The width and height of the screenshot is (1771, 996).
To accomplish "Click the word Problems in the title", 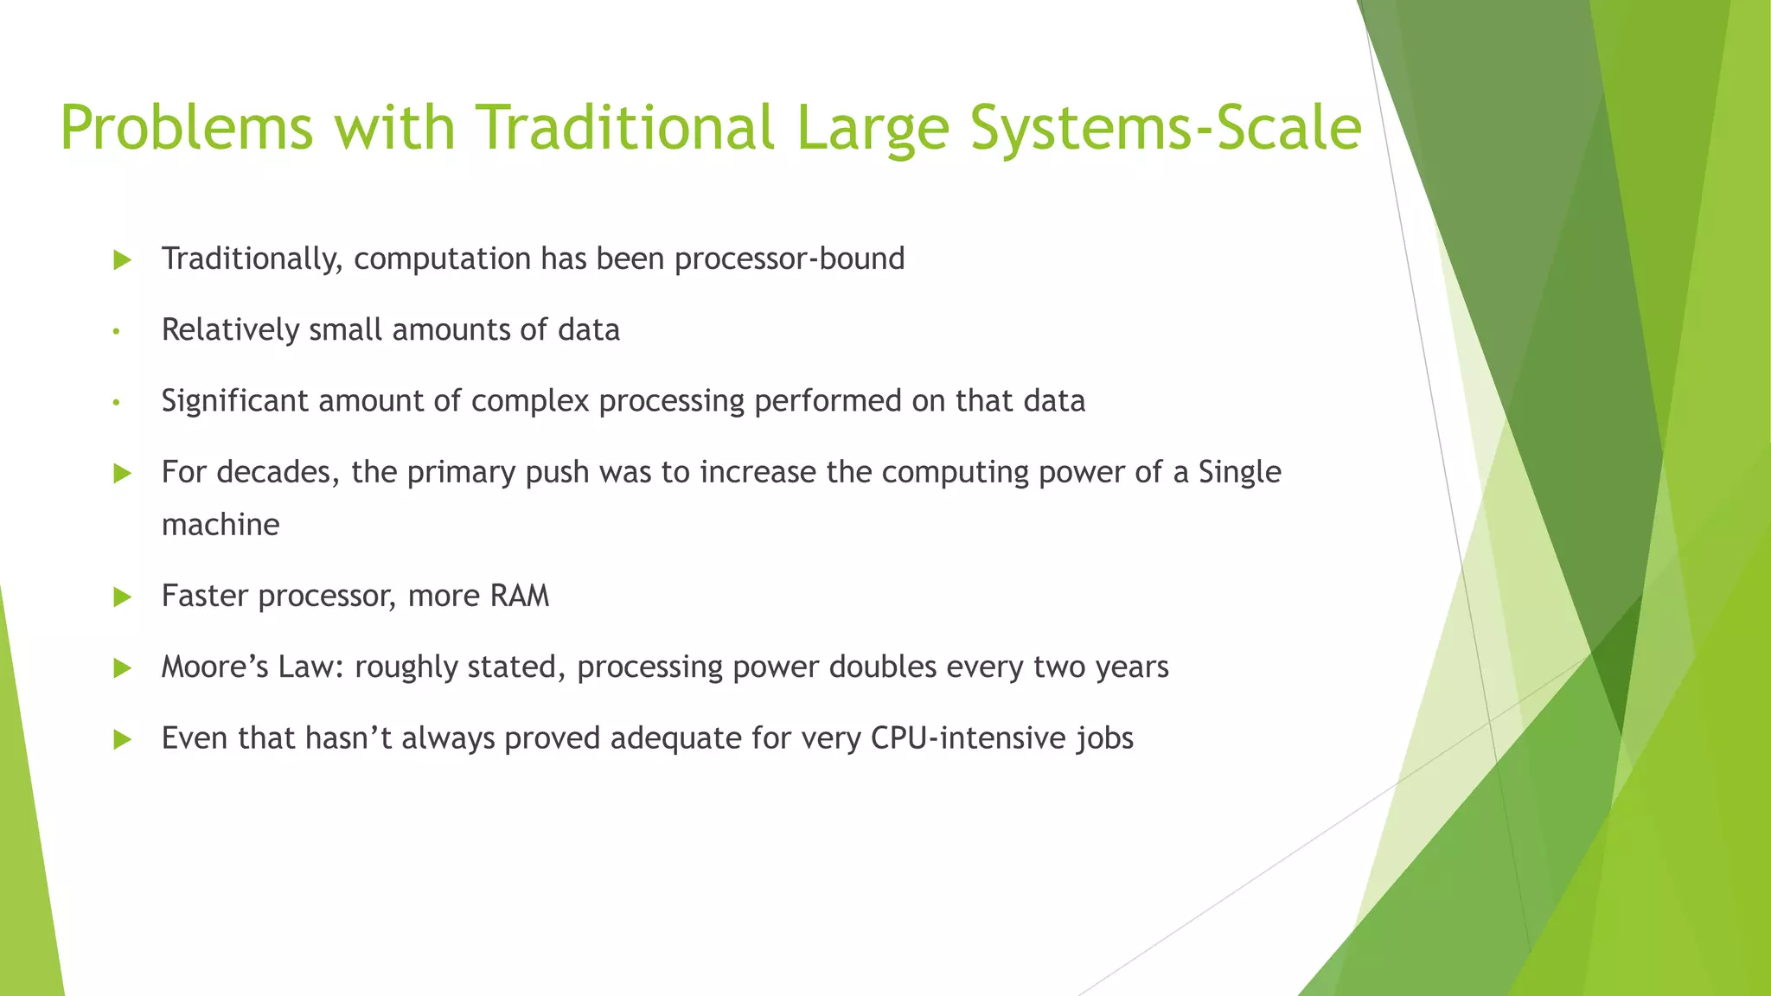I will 186,128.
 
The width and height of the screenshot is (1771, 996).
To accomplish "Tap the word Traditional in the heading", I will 626,128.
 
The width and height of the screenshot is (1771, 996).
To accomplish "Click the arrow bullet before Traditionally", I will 122,259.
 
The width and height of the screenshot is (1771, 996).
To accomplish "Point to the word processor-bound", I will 789,259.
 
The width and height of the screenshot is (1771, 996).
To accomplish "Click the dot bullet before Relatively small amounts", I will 115,331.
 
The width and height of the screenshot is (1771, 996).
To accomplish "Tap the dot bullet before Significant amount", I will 115,402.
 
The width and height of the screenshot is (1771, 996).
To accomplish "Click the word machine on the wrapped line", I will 221,525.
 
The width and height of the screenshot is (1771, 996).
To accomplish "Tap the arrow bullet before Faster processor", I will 122,597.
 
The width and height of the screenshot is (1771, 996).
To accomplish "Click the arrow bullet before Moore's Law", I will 122,667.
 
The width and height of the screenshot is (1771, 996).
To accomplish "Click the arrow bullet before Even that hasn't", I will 122,739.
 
